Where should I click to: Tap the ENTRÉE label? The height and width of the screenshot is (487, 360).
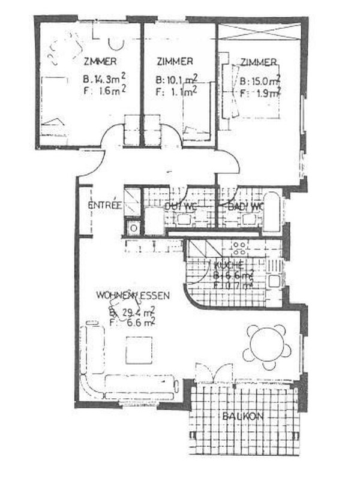tap(104, 205)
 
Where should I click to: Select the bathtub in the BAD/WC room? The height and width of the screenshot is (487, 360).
tap(272, 213)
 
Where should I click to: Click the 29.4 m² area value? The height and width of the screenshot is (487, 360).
tap(133, 312)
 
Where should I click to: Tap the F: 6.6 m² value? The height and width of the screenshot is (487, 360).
tap(133, 323)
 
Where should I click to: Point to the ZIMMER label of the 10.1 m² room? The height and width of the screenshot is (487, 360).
tap(174, 61)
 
